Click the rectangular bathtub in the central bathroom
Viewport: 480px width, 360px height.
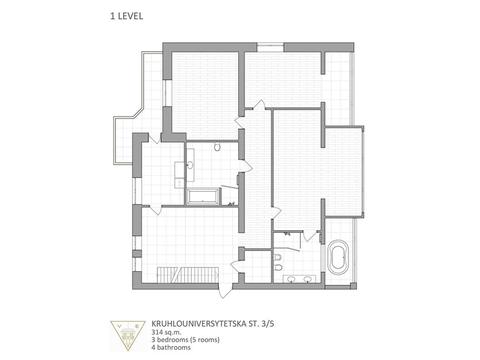204,195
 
